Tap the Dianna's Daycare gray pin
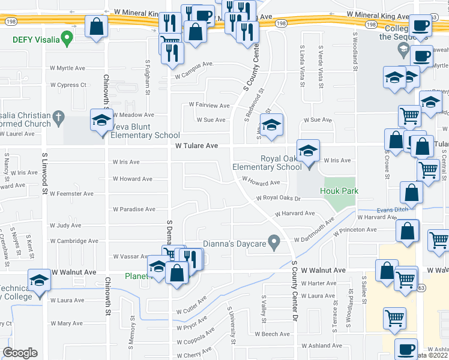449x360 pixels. (x=275, y=242)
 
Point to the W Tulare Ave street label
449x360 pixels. (x=196, y=146)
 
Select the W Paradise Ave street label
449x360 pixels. (x=134, y=209)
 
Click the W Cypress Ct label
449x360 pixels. (x=68, y=85)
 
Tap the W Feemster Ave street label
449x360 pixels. (x=71, y=194)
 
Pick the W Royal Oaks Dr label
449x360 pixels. (x=277, y=197)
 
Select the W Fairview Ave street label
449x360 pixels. (x=209, y=105)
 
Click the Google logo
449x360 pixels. (x=20, y=353)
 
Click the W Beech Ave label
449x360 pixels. (x=272, y=334)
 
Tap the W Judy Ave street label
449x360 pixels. (x=66, y=226)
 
